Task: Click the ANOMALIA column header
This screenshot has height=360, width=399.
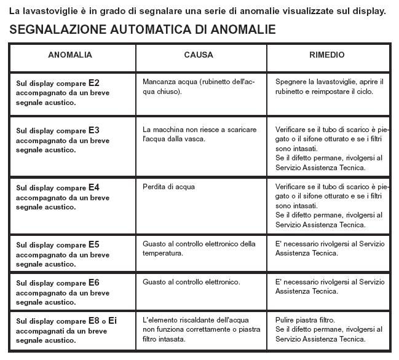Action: [x=70, y=55]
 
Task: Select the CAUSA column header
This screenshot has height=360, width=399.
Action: [x=199, y=55]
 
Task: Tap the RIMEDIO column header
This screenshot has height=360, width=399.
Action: [x=326, y=55]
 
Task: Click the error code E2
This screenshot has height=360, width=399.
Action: [x=94, y=82]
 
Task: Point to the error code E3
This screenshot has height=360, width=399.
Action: [x=94, y=130]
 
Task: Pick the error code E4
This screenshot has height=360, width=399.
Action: [x=94, y=187]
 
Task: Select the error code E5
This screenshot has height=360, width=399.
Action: [x=94, y=244]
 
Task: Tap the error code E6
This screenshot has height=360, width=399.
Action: [x=94, y=283]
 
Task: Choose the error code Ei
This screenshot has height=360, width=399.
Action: [x=113, y=320]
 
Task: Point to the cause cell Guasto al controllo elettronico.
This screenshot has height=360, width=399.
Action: [x=191, y=283]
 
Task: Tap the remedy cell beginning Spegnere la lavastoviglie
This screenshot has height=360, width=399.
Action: [x=329, y=87]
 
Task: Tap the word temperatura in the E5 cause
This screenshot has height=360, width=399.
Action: [x=163, y=253]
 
